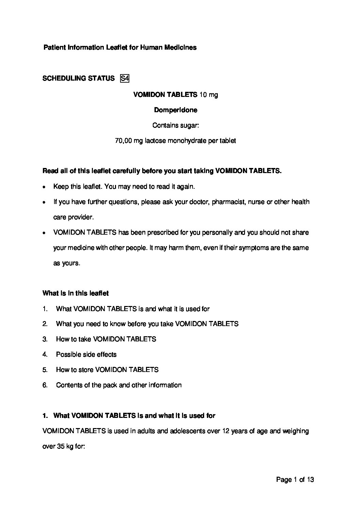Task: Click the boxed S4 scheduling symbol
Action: click(x=125, y=79)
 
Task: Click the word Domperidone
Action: click(x=176, y=110)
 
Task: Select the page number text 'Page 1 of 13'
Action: click(x=295, y=480)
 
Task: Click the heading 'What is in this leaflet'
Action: click(x=76, y=293)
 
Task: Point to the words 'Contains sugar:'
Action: click(x=176, y=125)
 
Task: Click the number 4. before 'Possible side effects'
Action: click(x=45, y=354)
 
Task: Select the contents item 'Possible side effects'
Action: click(x=86, y=354)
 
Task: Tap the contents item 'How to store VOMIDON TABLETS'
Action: click(x=107, y=370)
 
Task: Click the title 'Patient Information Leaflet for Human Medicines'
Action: click(x=120, y=48)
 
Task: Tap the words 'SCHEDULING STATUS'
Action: click(x=79, y=79)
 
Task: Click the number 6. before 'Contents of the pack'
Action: click(x=45, y=385)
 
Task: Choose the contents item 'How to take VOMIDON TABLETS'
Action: click(x=106, y=339)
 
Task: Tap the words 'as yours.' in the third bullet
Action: click(x=67, y=263)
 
